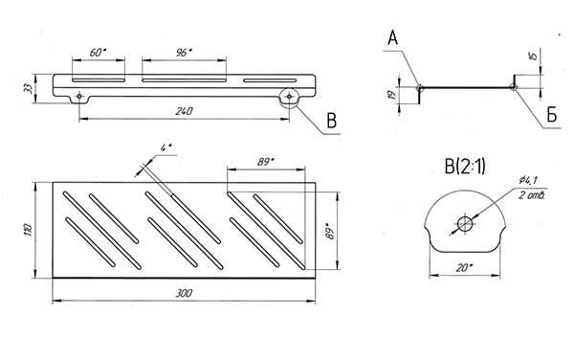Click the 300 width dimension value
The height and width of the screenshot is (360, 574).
point(184,293)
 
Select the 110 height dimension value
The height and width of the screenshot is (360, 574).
point(29,230)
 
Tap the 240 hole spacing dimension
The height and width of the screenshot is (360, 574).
point(184,111)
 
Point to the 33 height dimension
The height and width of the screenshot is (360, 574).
point(28,88)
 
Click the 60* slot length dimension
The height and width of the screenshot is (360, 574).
point(99,53)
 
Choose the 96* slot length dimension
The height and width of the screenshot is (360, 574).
point(183,53)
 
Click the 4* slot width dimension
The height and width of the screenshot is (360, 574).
point(166,148)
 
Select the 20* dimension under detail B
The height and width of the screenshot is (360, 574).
point(464,268)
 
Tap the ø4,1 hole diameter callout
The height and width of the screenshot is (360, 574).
point(528,180)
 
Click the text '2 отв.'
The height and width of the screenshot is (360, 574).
point(532,194)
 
